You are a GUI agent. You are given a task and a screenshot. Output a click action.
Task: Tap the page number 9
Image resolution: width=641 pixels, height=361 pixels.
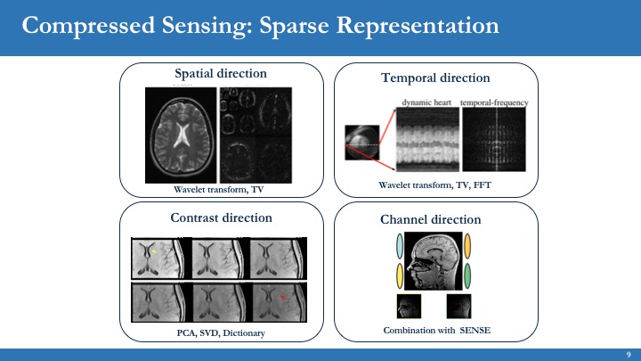[x=629, y=354]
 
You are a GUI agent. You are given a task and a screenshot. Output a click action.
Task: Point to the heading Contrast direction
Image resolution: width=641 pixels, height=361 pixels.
[x=221, y=217]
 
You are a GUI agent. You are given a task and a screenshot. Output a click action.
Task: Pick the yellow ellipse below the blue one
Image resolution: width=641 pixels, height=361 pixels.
[x=401, y=275]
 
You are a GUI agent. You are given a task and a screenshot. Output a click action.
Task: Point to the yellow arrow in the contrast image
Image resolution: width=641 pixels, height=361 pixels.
[x=153, y=253]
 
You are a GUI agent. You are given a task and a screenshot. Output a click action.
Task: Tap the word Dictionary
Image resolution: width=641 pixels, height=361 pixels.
[x=244, y=332]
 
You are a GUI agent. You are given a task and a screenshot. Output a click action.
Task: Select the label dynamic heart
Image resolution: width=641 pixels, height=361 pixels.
[x=426, y=103]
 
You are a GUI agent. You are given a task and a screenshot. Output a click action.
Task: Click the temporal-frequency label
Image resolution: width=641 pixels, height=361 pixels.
[x=493, y=103]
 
